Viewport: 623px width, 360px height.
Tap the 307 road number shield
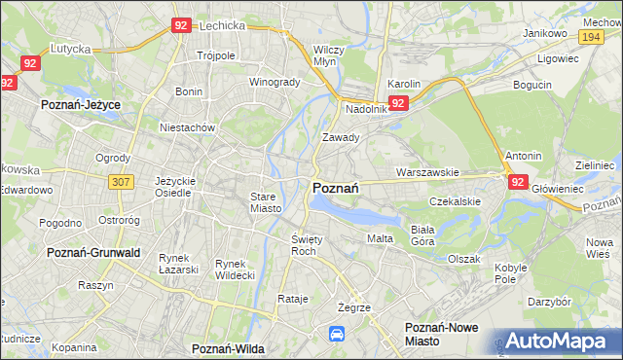pyautogui.click(x=121, y=182)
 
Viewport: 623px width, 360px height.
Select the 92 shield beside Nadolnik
pyautogui.click(x=397, y=102)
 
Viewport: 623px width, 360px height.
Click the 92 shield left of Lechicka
pyautogui.click(x=180, y=26)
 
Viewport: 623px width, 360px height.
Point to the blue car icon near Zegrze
pyautogui.click(x=337, y=334)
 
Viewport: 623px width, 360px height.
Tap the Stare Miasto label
pyautogui.click(x=264, y=202)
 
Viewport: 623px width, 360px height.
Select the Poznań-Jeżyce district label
pyautogui.click(x=80, y=101)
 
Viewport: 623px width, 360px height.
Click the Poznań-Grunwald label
pyautogui.click(x=94, y=252)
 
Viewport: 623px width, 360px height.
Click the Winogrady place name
pyautogui.click(x=275, y=82)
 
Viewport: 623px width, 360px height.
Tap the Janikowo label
pyautogui.click(x=544, y=33)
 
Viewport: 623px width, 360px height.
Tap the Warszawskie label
pyautogui.click(x=427, y=172)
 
